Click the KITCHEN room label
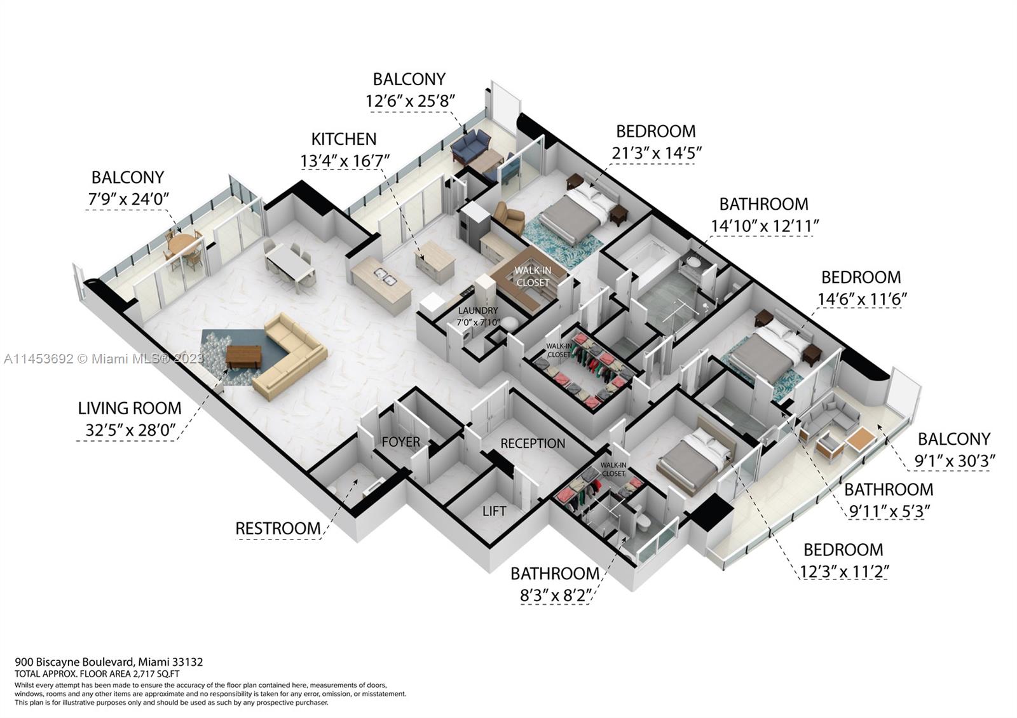coord(344,139)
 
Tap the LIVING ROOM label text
coord(130,408)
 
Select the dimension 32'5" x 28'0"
coord(130,431)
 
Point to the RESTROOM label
coord(278,528)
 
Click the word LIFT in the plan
coord(494,511)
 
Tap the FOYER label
coord(400,442)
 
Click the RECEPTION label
coord(533,444)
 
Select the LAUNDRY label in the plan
coord(478,311)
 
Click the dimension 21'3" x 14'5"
coord(657,153)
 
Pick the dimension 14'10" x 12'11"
coord(765,226)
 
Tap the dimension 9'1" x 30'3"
coord(954,461)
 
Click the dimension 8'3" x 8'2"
coord(556,595)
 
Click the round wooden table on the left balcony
coord(182,243)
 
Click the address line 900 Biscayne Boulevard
coord(109,661)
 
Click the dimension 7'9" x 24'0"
coord(128,199)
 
